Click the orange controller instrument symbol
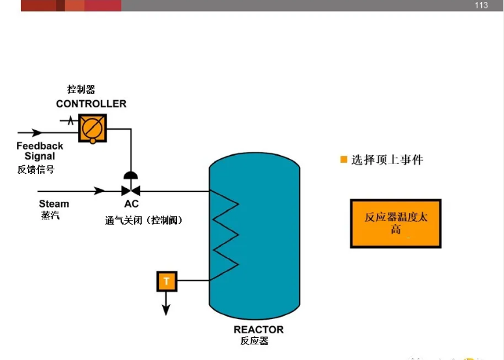point(92,128)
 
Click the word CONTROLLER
point(91,104)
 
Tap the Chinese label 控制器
point(81,90)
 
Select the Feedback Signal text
point(40,151)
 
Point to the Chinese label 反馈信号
point(36,169)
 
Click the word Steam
point(53,204)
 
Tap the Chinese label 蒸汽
point(49,215)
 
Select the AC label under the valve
point(131,204)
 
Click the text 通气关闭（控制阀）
point(144,220)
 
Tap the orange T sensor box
point(166,281)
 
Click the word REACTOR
point(259,329)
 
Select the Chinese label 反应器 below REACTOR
point(254,341)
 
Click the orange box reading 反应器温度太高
point(395,223)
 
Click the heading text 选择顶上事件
point(387,159)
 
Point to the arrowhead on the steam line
point(100,191)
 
